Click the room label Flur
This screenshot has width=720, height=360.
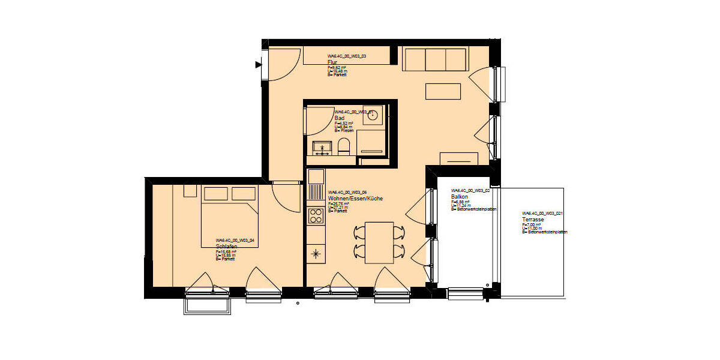(x=332, y=62)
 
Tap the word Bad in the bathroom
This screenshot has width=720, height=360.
(x=339, y=118)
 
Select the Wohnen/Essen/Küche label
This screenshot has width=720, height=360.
(x=355, y=198)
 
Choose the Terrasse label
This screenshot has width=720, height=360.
(x=533, y=220)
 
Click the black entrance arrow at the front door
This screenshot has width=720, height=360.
(x=259, y=64)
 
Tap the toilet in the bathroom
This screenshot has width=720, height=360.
(x=344, y=146)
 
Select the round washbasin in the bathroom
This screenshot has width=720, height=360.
(x=373, y=115)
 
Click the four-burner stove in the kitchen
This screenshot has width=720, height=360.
(x=316, y=216)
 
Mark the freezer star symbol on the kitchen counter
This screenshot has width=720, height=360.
(x=316, y=254)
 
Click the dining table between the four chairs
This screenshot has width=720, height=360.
(x=379, y=242)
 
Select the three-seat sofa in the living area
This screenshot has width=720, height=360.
(x=435, y=60)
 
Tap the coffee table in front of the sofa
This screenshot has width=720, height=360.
(x=443, y=91)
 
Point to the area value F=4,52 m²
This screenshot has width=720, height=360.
(x=343, y=123)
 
